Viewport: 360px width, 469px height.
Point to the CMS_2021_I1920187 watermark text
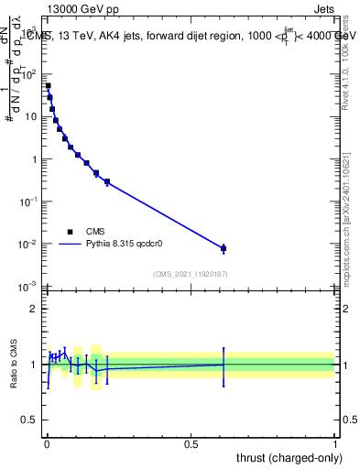[190, 274]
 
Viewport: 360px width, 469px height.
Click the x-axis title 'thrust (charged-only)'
[284, 455]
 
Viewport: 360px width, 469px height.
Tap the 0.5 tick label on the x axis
[191, 443]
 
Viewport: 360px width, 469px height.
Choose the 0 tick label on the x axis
[47, 443]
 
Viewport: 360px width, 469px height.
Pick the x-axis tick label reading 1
[335, 443]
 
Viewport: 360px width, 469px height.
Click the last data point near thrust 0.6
[224, 248]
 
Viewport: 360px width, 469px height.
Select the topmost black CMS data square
[48, 86]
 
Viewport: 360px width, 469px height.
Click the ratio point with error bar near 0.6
[224, 365]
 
